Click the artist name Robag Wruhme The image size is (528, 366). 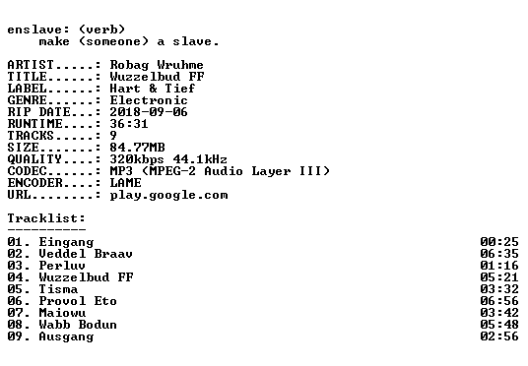pyautogui.click(x=157, y=65)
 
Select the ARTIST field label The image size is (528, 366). pyautogui.click(x=31, y=65)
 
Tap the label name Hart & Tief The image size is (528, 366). pyautogui.click(x=153, y=89)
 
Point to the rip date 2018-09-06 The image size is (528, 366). pyautogui.click(x=149, y=112)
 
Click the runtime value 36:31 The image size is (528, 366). pyautogui.click(x=129, y=124)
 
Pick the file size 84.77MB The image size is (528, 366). pyautogui.click(x=137, y=148)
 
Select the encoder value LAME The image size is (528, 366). pyautogui.click(x=126, y=183)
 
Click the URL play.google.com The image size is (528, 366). pyautogui.click(x=168, y=195)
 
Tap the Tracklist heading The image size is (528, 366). pyautogui.click(x=46, y=218)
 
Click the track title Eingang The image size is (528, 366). pyautogui.click(x=66, y=242)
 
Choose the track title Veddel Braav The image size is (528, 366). pyautogui.click(x=86, y=254)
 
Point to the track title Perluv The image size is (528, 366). pyautogui.click(x=62, y=266)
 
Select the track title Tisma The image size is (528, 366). pyautogui.click(x=58, y=289)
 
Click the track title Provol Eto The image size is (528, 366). pyautogui.click(x=78, y=301)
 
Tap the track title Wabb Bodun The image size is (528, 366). pyautogui.click(x=78, y=325)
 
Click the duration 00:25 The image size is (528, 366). pyautogui.click(x=499, y=242)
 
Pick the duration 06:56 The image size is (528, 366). pyautogui.click(x=499, y=301)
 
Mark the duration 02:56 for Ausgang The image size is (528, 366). pyautogui.click(x=499, y=336)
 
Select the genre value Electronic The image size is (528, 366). pyautogui.click(x=149, y=100)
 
